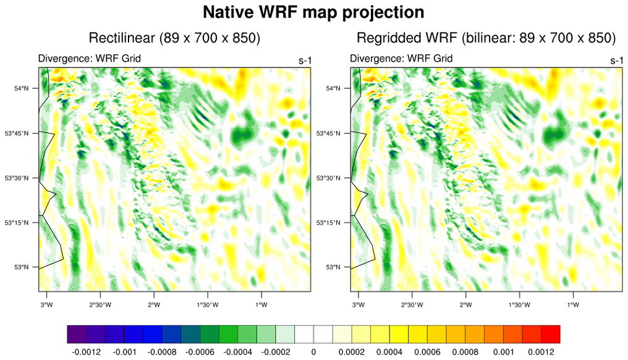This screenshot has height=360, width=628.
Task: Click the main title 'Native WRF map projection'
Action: (313, 12)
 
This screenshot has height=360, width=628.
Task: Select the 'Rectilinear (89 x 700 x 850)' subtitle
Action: (174, 38)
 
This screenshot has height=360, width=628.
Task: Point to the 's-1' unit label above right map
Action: (616, 61)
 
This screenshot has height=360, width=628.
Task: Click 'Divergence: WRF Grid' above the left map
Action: (90, 59)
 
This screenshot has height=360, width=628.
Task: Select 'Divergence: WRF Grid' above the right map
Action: (401, 59)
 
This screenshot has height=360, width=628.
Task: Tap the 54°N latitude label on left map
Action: (22, 88)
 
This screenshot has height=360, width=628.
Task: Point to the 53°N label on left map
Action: (22, 267)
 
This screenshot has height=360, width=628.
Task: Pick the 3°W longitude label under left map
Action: (46, 304)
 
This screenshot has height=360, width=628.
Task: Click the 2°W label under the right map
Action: (465, 304)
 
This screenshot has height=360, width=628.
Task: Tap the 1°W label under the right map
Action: (572, 304)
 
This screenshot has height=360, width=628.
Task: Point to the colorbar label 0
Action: (313, 351)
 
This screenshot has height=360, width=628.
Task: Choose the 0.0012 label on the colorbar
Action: (542, 351)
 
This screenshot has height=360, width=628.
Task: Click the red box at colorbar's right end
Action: (551, 334)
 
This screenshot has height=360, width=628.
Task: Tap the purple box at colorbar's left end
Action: (77, 334)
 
